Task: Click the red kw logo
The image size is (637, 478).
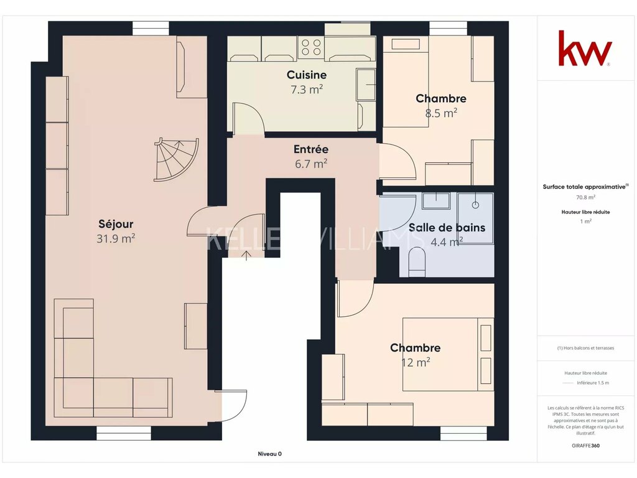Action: (585, 49)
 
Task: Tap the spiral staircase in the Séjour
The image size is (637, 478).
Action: (177, 159)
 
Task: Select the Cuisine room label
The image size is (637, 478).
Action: (307, 75)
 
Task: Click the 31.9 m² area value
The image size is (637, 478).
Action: (116, 238)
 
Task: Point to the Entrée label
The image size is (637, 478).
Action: (311, 149)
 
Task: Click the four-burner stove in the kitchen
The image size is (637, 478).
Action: (311, 47)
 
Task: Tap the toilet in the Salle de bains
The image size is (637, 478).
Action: (417, 261)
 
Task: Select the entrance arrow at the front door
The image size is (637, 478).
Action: (246, 255)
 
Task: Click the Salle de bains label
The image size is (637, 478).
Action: (447, 228)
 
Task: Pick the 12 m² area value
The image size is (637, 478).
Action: (416, 362)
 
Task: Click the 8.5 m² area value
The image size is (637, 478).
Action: (441, 113)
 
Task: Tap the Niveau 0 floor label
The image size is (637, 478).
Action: (270, 454)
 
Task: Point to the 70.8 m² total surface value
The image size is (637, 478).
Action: (586, 197)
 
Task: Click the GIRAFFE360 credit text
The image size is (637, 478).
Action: (586, 446)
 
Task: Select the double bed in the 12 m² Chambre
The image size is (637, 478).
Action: (449, 354)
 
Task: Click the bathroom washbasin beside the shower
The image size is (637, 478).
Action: (436, 201)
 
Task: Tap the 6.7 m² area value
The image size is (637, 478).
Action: (311, 164)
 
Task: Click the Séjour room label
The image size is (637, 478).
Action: (116, 224)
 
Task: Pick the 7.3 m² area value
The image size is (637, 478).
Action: (307, 90)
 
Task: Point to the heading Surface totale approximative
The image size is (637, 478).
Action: (585, 187)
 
